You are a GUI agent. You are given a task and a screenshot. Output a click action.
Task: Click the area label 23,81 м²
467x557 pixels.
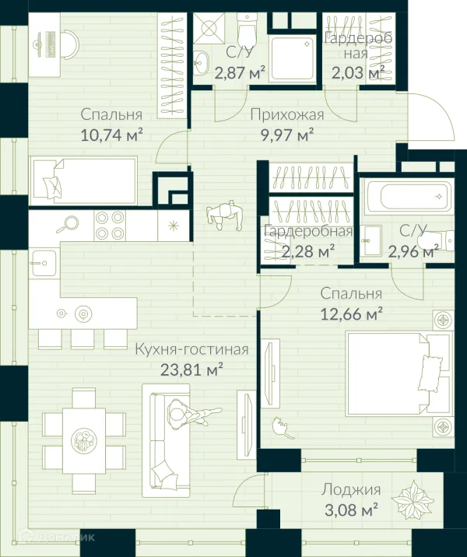tap(191, 369)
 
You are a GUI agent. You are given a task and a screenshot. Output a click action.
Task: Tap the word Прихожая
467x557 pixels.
tap(287, 114)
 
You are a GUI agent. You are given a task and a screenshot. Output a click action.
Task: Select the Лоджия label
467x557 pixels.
tap(351, 490)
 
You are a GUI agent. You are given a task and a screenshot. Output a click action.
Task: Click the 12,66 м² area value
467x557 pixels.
tap(352, 314)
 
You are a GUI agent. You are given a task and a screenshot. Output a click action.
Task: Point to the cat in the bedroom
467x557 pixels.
tap(283, 428)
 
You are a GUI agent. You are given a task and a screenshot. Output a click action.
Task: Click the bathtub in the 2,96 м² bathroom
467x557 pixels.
tap(408, 197)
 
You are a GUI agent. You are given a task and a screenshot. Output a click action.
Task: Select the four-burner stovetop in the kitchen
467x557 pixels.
tap(111, 225)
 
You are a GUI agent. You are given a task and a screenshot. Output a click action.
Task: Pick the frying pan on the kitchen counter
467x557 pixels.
tap(68, 224)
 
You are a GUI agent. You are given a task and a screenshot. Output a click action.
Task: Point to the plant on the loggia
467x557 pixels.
tap(413, 499)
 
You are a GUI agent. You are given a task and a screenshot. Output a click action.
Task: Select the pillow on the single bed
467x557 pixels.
tap(53, 184)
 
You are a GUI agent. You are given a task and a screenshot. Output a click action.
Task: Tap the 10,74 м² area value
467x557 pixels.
tap(112, 135)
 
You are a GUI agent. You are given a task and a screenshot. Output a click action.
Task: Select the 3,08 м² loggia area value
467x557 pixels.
tap(351, 510)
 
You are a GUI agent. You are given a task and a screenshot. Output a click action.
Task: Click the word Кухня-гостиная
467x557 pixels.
tap(192, 349)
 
